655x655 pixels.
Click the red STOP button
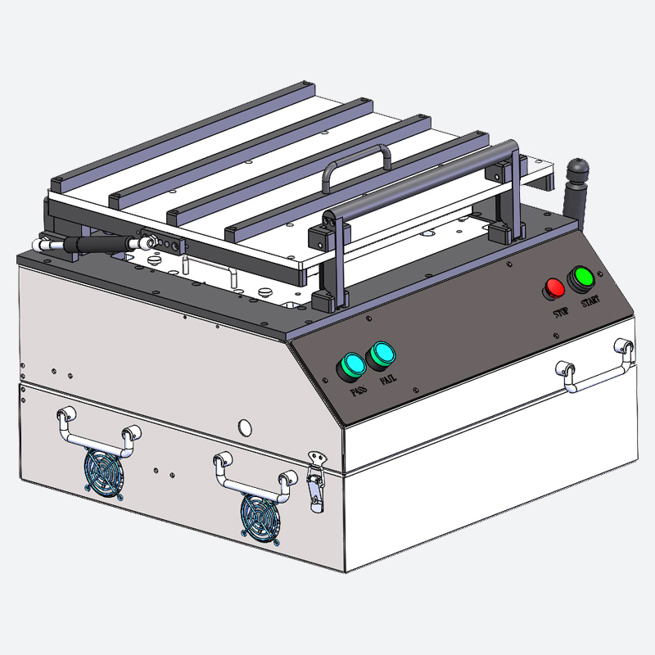point(554,289)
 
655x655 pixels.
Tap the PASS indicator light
point(352,367)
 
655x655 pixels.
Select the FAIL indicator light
point(381,356)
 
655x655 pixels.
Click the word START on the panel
point(590,300)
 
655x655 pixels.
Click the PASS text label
point(359,391)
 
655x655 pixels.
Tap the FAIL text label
point(388,380)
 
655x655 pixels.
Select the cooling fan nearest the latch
point(260,518)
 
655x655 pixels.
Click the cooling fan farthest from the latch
point(103,473)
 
